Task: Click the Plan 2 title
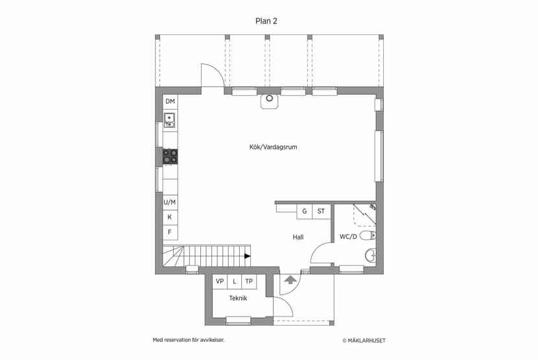(x=266, y=21)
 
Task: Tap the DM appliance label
(x=170, y=101)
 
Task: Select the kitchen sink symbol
(x=169, y=120)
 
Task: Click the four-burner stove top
(x=170, y=156)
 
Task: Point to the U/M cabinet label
(x=169, y=202)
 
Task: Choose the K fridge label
(x=169, y=217)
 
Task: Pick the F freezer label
(x=169, y=232)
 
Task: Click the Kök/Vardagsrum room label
(x=273, y=147)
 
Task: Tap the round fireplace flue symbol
(x=270, y=99)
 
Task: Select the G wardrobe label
(x=305, y=211)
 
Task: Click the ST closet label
(x=321, y=211)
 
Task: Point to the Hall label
(x=298, y=237)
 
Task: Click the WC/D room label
(x=348, y=237)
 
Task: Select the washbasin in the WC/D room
(x=371, y=256)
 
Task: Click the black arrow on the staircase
(x=248, y=256)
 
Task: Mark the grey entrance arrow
(x=290, y=280)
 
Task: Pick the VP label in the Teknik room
(x=220, y=282)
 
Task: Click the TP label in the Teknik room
(x=249, y=282)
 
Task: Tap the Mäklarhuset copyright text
(x=364, y=341)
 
